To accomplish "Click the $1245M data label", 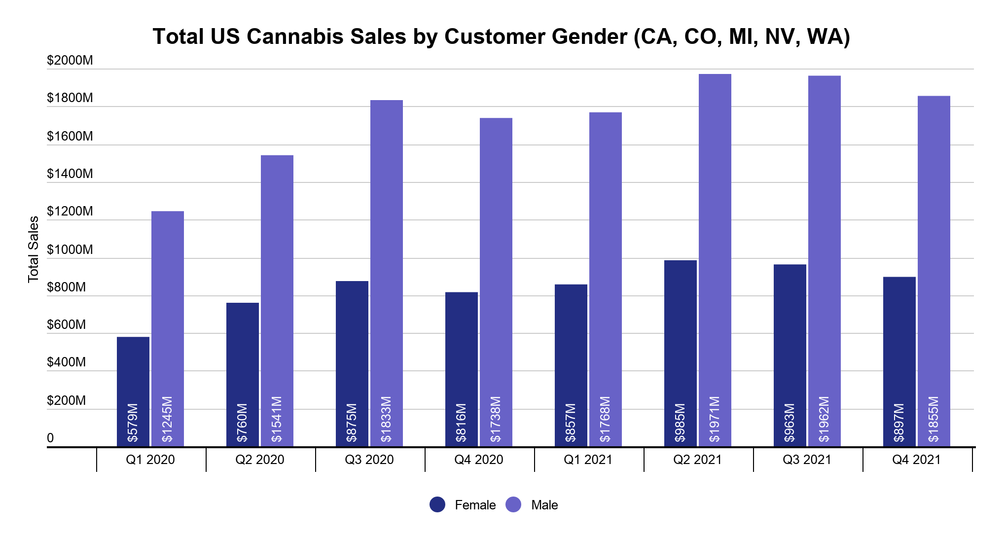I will click(x=168, y=419).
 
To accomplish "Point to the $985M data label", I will click(x=681, y=423).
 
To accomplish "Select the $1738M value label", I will click(x=496, y=419).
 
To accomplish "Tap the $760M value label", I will click(x=243, y=423).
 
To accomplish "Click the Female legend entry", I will click(x=475, y=505).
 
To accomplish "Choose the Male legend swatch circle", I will click(x=514, y=504).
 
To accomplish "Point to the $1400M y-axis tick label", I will click(x=70, y=174).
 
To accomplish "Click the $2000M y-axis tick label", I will click(x=70, y=60).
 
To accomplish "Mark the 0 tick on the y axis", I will click(x=50, y=438).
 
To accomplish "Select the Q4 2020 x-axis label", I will click(x=479, y=460).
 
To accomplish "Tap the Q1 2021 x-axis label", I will click(x=588, y=460).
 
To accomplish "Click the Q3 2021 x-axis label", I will click(x=807, y=460).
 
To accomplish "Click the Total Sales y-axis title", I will click(x=34, y=250).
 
